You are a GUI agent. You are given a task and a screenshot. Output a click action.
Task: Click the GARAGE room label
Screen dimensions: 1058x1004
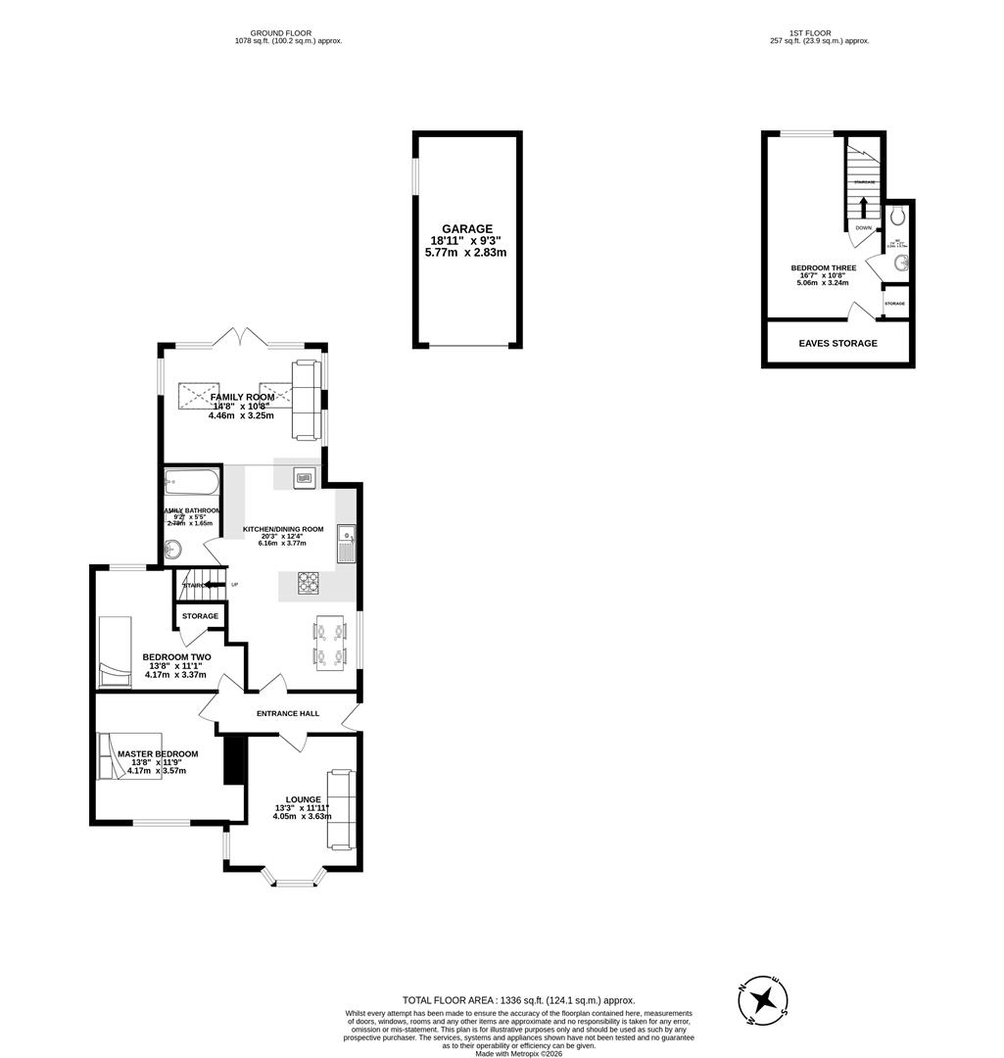click(466, 229)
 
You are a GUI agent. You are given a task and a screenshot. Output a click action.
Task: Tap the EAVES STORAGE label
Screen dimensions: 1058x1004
click(837, 344)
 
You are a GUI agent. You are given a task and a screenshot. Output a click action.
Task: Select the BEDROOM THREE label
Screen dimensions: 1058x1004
click(823, 267)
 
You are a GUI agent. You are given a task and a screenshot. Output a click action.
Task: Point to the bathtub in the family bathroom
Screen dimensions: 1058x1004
click(192, 480)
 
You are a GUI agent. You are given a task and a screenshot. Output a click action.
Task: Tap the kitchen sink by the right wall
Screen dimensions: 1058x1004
click(346, 545)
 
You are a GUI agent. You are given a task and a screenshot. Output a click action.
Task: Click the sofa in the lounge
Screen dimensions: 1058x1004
click(340, 809)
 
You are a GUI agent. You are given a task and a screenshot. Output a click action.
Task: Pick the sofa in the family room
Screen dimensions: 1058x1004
click(307, 400)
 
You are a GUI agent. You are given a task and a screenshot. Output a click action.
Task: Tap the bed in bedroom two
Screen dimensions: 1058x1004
click(115, 651)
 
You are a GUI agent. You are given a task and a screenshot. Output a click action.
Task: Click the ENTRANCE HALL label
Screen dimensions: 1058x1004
click(288, 713)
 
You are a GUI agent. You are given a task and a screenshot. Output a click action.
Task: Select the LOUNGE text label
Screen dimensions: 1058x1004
click(303, 799)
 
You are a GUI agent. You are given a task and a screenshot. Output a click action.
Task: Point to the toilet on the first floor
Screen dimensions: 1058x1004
click(898, 216)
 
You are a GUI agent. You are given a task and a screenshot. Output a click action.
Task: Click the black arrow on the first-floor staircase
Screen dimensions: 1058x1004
click(863, 207)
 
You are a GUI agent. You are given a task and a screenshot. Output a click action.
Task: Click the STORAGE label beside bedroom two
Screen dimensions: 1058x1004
click(200, 616)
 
